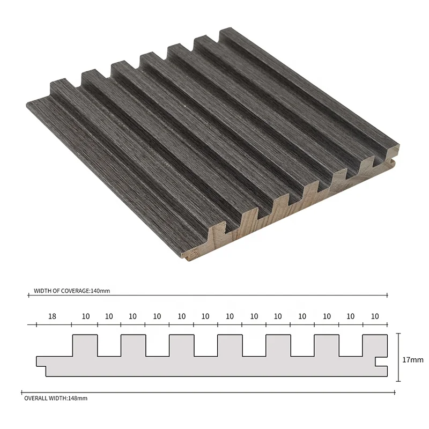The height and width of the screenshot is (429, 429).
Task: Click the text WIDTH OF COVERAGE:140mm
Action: click(x=71, y=291)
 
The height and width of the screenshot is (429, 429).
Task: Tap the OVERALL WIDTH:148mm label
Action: click(x=56, y=398)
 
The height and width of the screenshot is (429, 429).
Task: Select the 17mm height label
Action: click(x=412, y=360)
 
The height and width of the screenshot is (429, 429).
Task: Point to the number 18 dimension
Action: click(x=52, y=316)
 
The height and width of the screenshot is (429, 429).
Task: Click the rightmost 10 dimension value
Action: click(x=375, y=316)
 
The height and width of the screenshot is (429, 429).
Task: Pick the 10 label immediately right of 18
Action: click(x=85, y=316)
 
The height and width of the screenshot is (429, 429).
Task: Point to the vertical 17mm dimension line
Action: click(x=398, y=357)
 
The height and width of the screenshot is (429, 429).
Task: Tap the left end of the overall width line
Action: click(x=21, y=391)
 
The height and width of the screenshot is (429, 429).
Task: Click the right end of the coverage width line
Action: click(x=387, y=295)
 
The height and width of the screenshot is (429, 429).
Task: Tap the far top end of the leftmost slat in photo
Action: click(x=59, y=85)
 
